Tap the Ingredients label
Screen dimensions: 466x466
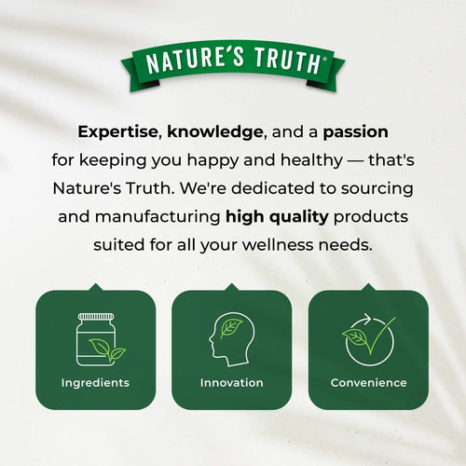tap(95, 383)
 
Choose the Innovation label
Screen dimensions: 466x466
tap(232, 383)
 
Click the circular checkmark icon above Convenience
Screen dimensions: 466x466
tap(367, 339)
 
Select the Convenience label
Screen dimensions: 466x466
tap(368, 383)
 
